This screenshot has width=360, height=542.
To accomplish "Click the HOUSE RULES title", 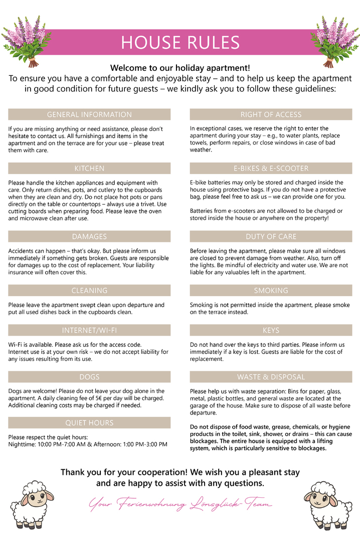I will pyautogui.click(x=180, y=43).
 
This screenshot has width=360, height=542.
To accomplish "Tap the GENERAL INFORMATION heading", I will pyautogui.click(x=89, y=114).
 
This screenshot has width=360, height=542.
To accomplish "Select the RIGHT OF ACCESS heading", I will pyautogui.click(x=271, y=114).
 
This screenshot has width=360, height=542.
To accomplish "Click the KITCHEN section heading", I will pyautogui.click(x=89, y=168).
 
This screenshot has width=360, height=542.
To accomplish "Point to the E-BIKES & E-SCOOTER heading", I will pyautogui.click(x=271, y=168).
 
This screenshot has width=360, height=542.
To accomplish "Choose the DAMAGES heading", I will pyautogui.click(x=89, y=236).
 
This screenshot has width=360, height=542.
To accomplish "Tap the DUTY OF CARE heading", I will pyautogui.click(x=271, y=236).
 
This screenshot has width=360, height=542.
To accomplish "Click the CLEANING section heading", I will pyautogui.click(x=89, y=290).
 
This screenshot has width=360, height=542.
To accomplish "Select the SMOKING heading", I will pyautogui.click(x=271, y=290).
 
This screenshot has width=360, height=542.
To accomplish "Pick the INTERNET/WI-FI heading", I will pyautogui.click(x=89, y=330).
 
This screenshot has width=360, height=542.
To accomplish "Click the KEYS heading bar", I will pyautogui.click(x=271, y=330).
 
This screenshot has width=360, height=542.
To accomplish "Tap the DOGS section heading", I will pyautogui.click(x=89, y=376).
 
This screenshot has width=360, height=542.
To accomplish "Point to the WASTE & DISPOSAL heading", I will pyautogui.click(x=271, y=376).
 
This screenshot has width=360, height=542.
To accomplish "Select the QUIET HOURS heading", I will pyautogui.click(x=89, y=423).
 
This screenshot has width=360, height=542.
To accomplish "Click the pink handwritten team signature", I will pyautogui.click(x=181, y=503).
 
